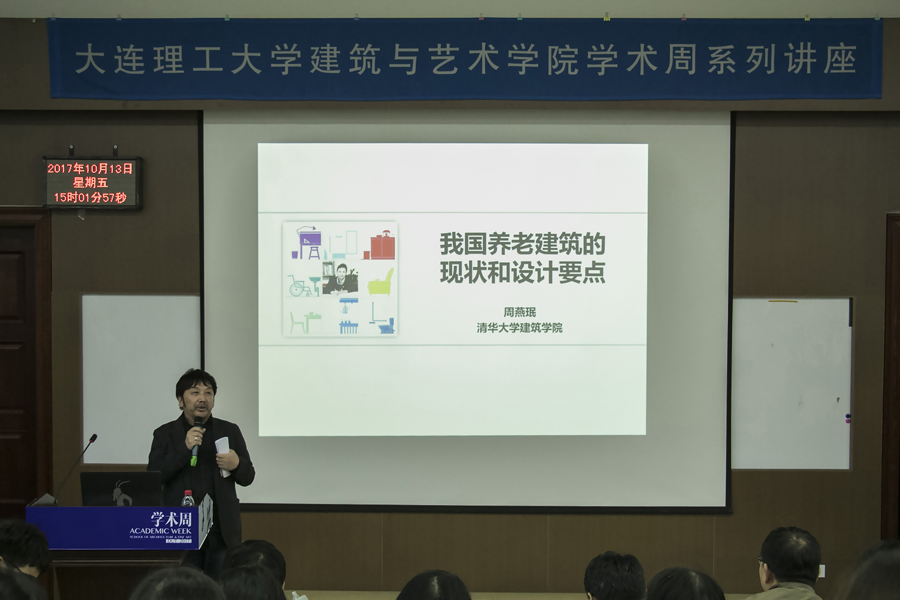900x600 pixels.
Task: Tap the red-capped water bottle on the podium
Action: [x=188, y=498]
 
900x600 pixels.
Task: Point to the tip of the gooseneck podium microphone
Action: [x=94, y=437]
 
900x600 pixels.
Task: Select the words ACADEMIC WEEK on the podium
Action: [x=161, y=531]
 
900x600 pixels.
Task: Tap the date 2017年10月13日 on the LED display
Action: [x=90, y=169]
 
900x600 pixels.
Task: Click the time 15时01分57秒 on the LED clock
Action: [x=90, y=197]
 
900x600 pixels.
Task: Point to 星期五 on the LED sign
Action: [x=90, y=183]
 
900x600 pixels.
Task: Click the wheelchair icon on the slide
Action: [x=300, y=286]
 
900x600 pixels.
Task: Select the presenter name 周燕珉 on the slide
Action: [x=520, y=312]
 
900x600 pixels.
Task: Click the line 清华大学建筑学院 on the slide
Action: [x=520, y=328]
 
